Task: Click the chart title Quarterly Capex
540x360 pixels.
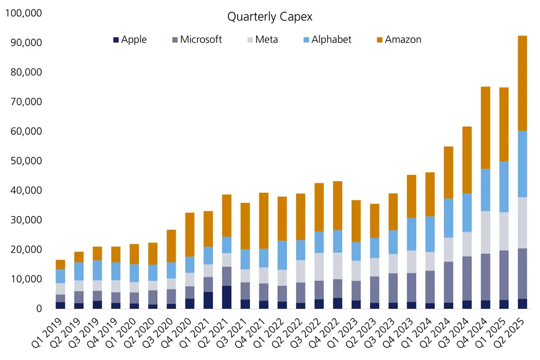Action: pyautogui.click(x=269, y=17)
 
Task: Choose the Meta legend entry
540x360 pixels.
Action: pyautogui.click(x=265, y=39)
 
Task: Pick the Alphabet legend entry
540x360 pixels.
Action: pyautogui.click(x=331, y=39)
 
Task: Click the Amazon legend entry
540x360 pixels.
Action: pyautogui.click(x=403, y=39)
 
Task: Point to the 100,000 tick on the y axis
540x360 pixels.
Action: pyautogui.click(x=23, y=13)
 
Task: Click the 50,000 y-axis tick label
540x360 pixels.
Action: pyautogui.click(x=26, y=161)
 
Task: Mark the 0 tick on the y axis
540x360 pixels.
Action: pyautogui.click(x=39, y=309)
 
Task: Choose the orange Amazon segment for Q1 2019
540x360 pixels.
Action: pyautogui.click(x=60, y=264)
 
